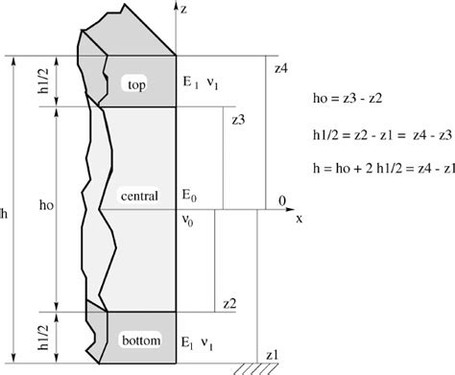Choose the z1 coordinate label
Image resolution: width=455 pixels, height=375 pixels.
(273, 353)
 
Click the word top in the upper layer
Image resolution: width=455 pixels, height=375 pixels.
(135, 86)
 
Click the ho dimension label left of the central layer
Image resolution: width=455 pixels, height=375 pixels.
(44, 204)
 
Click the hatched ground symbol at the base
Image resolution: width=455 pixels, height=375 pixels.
(273, 368)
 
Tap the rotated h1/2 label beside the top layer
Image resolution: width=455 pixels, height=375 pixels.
(44, 82)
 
